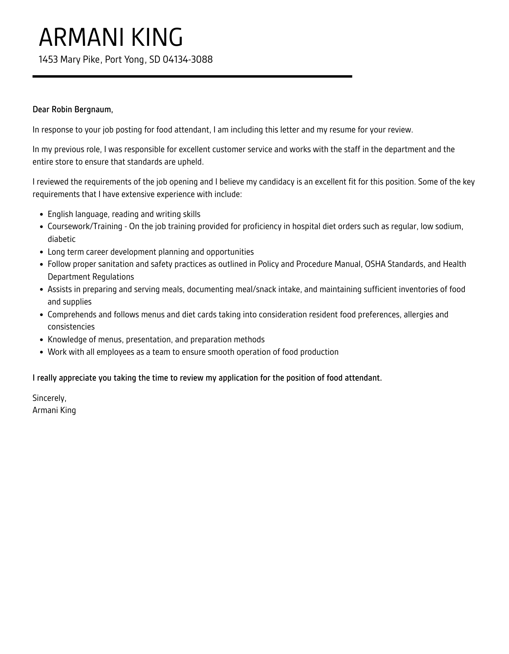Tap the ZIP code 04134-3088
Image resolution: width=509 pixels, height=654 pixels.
[x=187, y=60]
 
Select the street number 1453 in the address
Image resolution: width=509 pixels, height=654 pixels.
[x=48, y=60]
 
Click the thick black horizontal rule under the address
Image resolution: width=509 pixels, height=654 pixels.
[x=192, y=76]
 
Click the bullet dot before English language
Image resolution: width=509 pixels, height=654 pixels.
[x=42, y=215]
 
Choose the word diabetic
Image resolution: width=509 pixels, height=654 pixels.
[x=61, y=239]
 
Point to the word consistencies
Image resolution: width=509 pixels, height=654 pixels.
[x=71, y=327]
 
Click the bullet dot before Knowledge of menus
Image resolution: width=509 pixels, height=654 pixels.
[x=42, y=340]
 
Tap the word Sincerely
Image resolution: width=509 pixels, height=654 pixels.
[x=49, y=398]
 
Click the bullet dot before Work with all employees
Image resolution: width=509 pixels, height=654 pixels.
[x=42, y=353]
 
